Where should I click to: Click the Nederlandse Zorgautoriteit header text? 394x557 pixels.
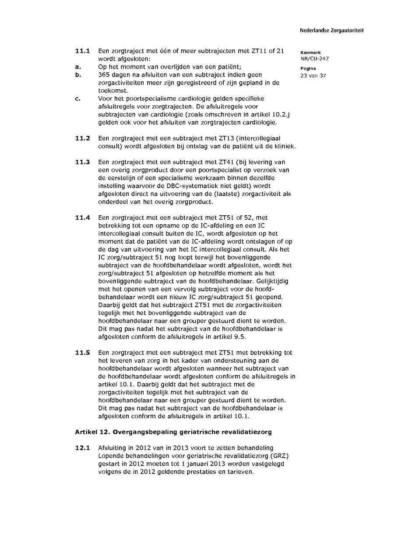point(331,31)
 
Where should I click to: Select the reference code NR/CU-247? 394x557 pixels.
point(315,59)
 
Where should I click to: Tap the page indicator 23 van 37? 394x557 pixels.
point(313,75)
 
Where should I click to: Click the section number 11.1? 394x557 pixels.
point(82,51)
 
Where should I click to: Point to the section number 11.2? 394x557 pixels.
point(82,138)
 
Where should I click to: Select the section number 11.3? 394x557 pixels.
point(82,162)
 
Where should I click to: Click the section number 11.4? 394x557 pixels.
point(82,217)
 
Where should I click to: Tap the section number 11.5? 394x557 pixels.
point(82,353)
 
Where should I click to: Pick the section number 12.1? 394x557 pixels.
point(82,448)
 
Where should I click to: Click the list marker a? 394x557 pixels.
point(77,67)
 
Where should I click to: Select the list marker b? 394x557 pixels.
point(77,75)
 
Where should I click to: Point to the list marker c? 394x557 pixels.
point(77,98)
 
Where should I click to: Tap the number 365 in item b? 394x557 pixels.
point(104,75)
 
